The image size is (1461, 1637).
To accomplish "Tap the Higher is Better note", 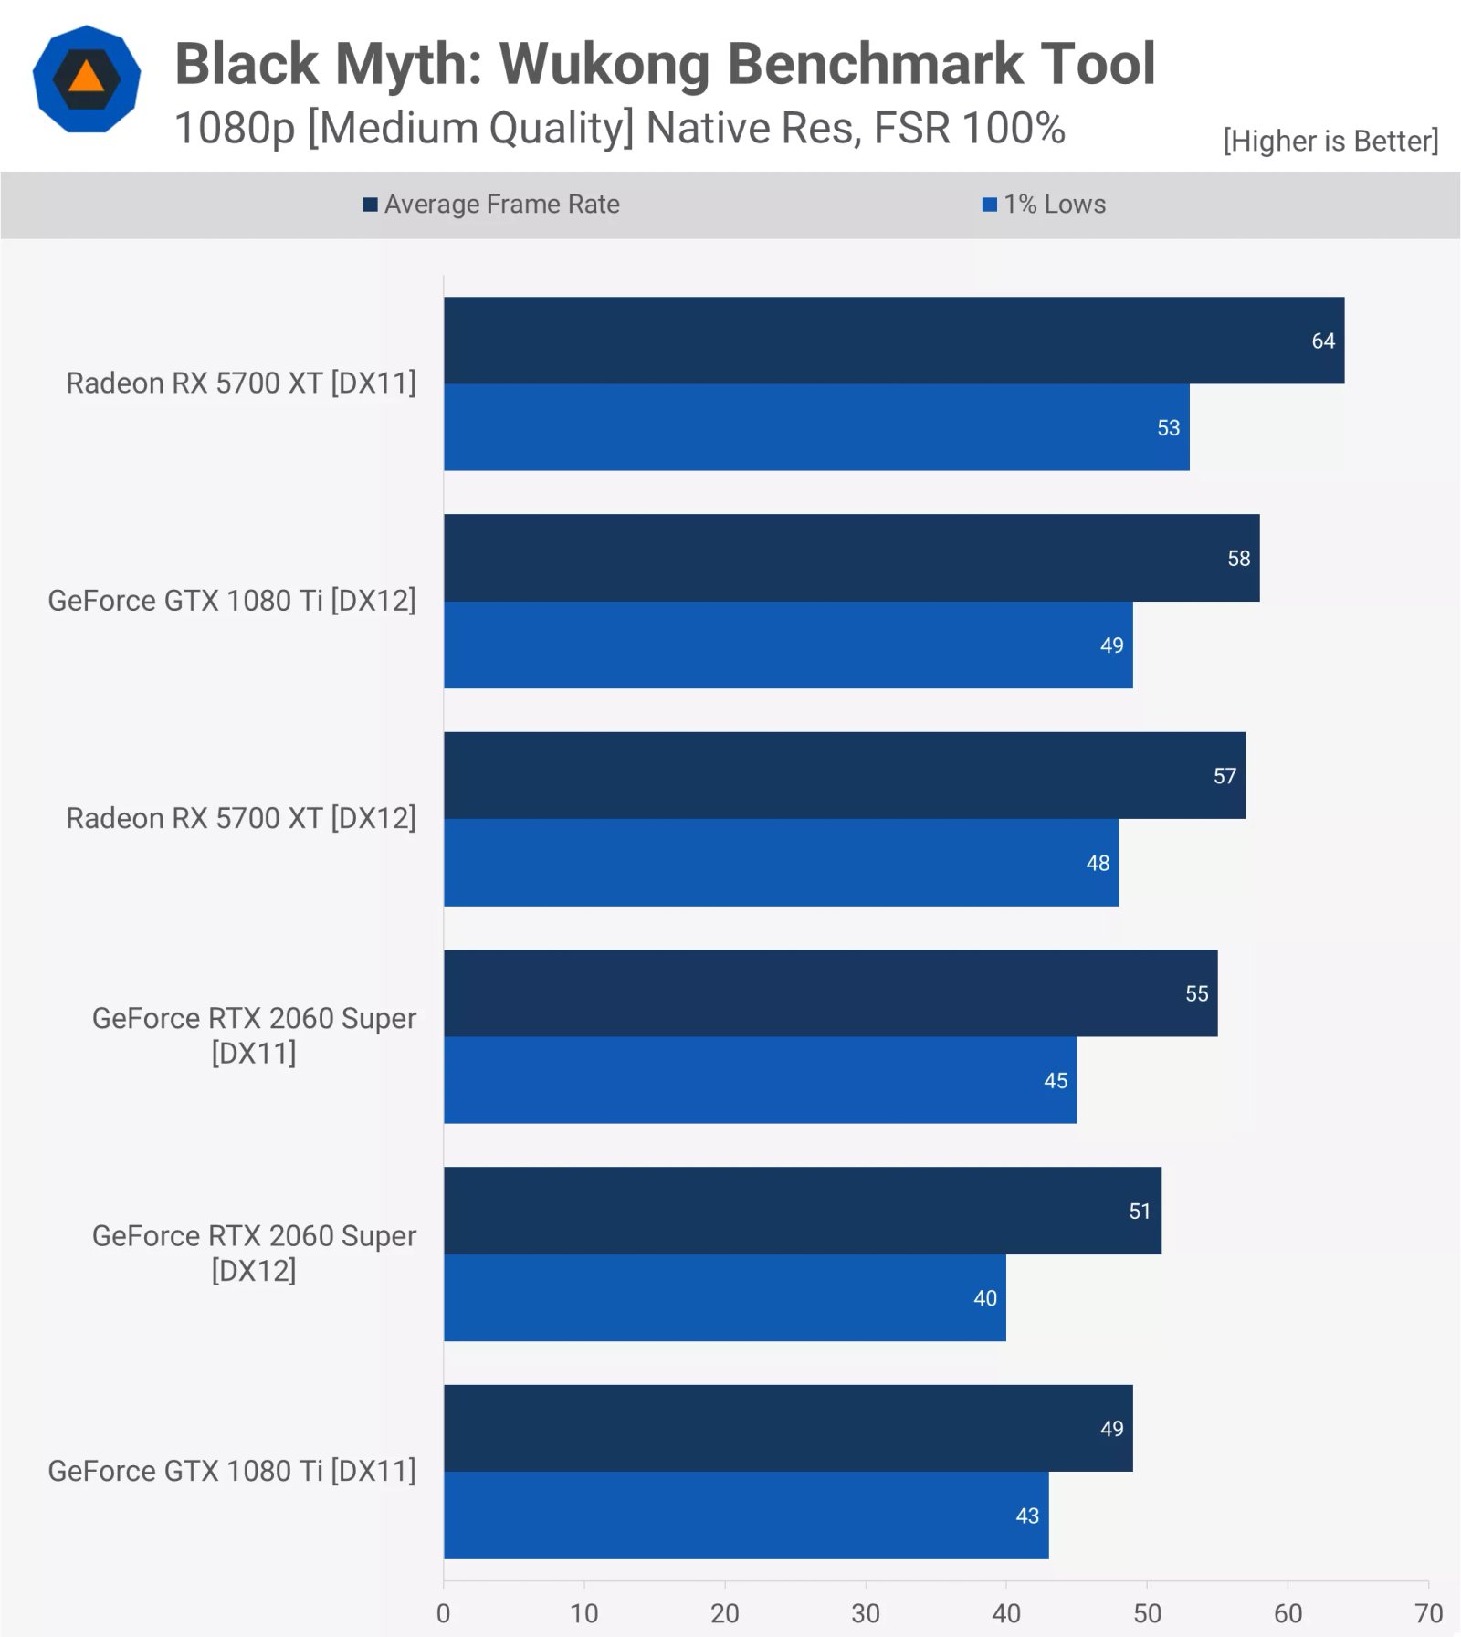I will click(1330, 142).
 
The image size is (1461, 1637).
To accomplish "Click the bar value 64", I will click(1322, 341).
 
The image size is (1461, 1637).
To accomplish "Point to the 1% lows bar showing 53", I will click(815, 427).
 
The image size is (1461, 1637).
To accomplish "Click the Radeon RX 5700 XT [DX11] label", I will click(240, 383).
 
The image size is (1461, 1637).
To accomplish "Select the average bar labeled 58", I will click(851, 558).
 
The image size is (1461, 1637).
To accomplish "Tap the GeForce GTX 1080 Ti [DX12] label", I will click(231, 601).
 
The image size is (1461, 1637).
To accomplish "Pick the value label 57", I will click(1224, 776).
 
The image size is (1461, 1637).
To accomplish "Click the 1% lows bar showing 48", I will click(781, 863).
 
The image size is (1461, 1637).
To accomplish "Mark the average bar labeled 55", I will click(830, 993).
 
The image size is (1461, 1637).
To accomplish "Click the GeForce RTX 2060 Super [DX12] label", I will click(254, 1253).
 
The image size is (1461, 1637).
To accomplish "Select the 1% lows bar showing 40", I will click(724, 1297).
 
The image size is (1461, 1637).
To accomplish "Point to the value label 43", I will click(1026, 1516).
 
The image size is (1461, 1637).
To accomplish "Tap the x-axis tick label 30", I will click(865, 1613).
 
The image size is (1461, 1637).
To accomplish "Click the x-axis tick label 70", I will click(1428, 1613).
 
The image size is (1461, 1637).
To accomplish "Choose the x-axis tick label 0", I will click(443, 1613).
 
